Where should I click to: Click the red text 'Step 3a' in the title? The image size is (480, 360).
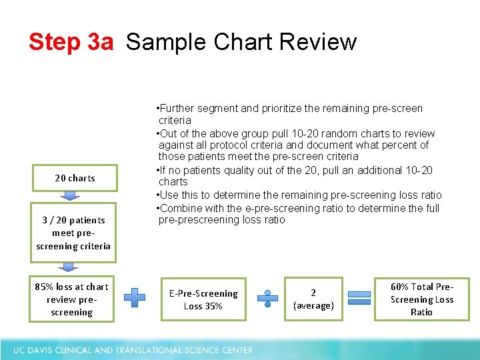[x=71, y=42]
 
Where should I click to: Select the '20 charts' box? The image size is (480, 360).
[x=75, y=178]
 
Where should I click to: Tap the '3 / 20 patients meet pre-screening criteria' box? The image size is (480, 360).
[x=73, y=233]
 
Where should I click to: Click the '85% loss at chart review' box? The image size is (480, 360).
[x=71, y=299]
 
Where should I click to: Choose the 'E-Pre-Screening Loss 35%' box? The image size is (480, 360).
[x=203, y=299]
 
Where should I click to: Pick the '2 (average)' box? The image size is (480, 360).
[x=313, y=299]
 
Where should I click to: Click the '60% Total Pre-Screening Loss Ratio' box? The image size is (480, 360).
[x=421, y=299]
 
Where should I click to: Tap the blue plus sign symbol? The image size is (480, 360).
[x=135, y=297]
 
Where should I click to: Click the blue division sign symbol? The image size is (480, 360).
[x=268, y=298]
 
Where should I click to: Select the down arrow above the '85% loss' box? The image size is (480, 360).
[x=69, y=267]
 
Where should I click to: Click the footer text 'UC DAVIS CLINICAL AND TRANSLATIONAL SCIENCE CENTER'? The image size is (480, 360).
[x=133, y=350]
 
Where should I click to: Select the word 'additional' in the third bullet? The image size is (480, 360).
[x=377, y=170]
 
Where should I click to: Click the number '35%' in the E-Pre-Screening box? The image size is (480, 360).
[x=213, y=306]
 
